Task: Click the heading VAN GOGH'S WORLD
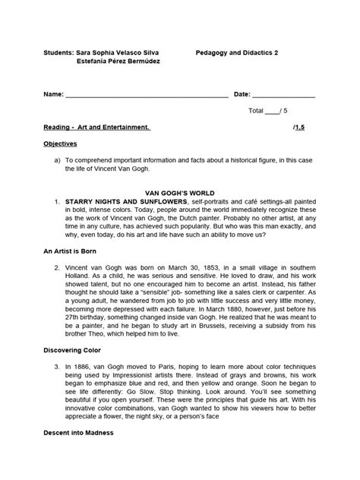[180, 194]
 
